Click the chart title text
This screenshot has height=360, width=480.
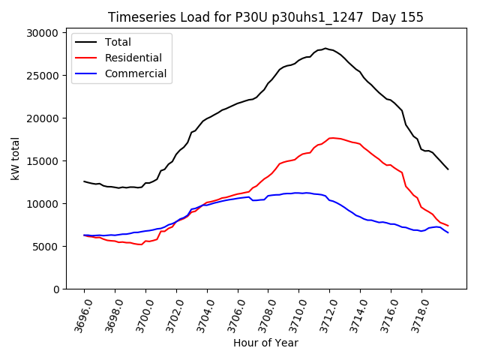click(265, 17)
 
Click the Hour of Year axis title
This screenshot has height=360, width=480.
click(265, 343)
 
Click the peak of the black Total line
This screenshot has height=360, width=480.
click(325, 48)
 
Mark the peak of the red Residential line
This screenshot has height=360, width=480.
click(331, 138)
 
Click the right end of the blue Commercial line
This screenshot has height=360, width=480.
click(448, 232)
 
